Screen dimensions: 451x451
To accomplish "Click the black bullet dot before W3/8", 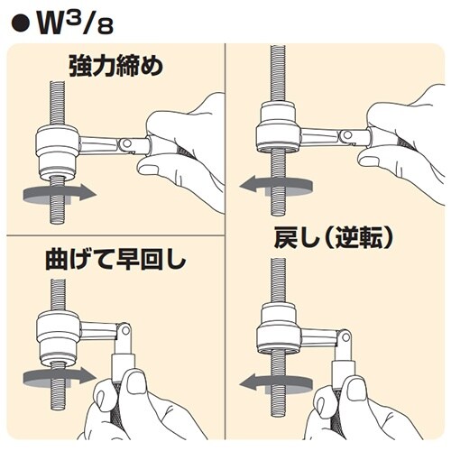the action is click(x=21, y=24).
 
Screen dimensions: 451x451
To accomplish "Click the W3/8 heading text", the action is click(x=75, y=23).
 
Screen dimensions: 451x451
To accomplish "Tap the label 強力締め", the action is click(x=116, y=66).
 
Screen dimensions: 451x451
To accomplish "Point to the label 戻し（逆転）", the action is click(x=334, y=238).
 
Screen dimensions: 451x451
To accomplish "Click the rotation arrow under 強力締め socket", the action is click(x=60, y=193).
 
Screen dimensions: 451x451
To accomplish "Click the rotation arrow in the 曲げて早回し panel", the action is click(x=60, y=376).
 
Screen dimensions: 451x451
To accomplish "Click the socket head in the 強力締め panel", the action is click(x=57, y=152).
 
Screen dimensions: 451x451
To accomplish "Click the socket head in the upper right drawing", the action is click(x=278, y=127).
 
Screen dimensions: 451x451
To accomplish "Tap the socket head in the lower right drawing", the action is click(x=279, y=328).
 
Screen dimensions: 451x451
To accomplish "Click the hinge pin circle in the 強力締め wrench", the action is click(x=126, y=143).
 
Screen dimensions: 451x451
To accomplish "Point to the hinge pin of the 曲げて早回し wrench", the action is click(x=125, y=330).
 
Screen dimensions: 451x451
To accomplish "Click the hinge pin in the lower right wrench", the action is click(x=345, y=337).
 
